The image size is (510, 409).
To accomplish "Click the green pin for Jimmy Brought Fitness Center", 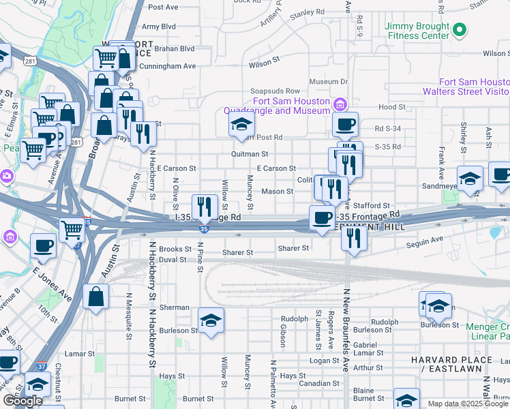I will pyautogui.click(x=460, y=30).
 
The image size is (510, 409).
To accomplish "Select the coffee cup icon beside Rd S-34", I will pyautogui.click(x=345, y=125).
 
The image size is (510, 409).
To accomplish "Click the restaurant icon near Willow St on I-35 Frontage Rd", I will pyautogui.click(x=205, y=207).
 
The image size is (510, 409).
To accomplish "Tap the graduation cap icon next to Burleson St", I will pyautogui.click(x=211, y=320).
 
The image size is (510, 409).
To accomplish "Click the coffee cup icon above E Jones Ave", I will pyautogui.click(x=44, y=245).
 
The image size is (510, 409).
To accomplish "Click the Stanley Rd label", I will pyautogui.click(x=307, y=12).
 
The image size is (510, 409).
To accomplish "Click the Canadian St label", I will pyautogui.click(x=314, y=382).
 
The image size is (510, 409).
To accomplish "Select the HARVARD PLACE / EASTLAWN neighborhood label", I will pyautogui.click(x=451, y=364).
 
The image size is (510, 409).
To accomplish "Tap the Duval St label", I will pyautogui.click(x=172, y=260).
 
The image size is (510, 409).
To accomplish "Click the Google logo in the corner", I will pyautogui.click(x=23, y=401).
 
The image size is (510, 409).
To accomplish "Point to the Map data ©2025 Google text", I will pyautogui.click(x=468, y=404).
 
